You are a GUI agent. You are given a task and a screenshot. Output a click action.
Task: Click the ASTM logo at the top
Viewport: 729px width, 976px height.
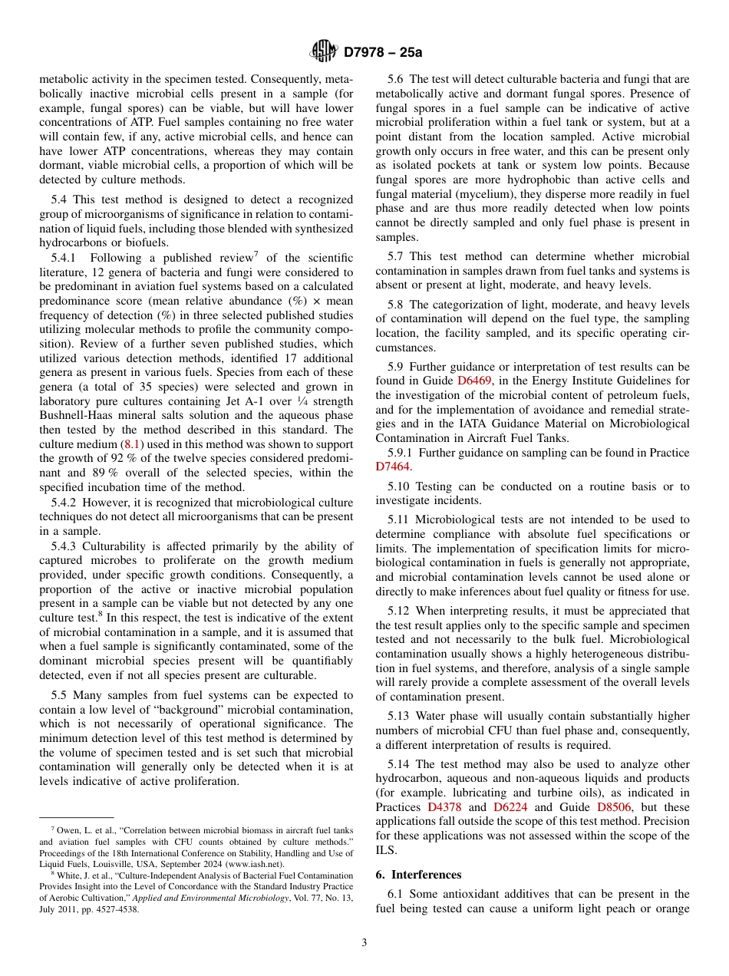pyautogui.click(x=323, y=51)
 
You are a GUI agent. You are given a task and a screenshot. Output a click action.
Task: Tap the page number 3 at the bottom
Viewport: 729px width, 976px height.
pyautogui.click(x=364, y=942)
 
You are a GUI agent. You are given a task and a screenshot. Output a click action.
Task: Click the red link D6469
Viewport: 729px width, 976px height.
pyautogui.click(x=474, y=380)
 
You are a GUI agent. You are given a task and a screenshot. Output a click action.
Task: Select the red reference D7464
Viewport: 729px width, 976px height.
pyautogui.click(x=393, y=467)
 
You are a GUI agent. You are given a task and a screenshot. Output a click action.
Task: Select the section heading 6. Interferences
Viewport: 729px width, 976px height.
pyautogui.click(x=418, y=875)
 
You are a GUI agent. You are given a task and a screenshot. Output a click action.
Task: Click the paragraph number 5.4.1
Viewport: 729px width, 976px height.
pyautogui.click(x=67, y=258)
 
